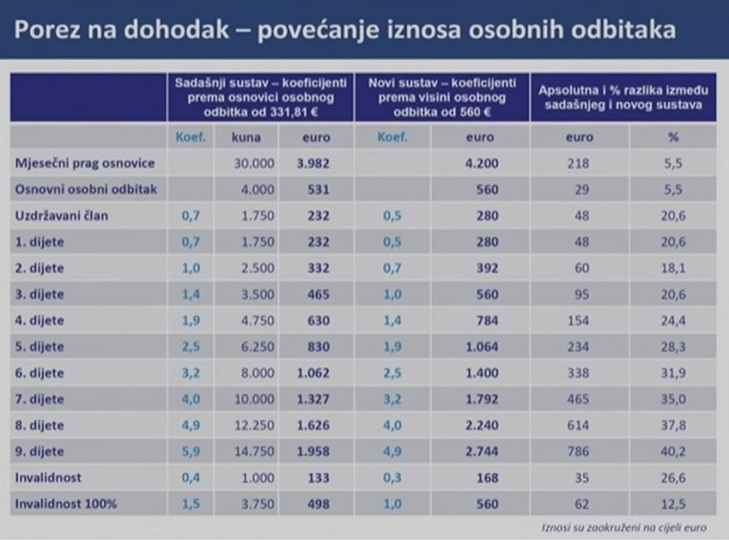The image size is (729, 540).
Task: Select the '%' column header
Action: pos(673,136)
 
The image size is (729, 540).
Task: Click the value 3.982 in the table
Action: pos(313,163)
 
